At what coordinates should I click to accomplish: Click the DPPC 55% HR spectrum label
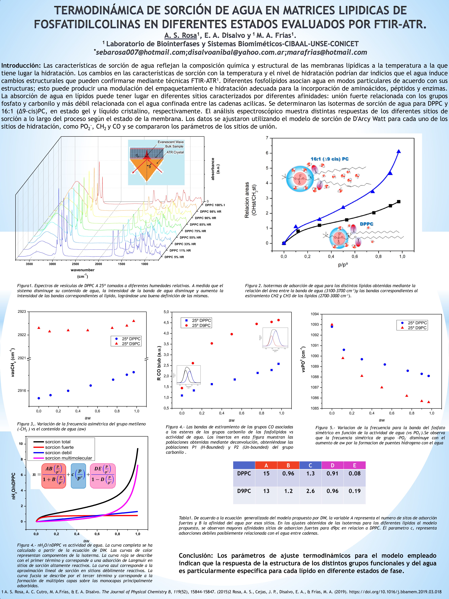(x=190, y=238)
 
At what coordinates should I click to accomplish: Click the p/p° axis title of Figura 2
(x=343, y=265)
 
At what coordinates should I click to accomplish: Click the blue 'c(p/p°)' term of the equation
(x=78, y=476)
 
